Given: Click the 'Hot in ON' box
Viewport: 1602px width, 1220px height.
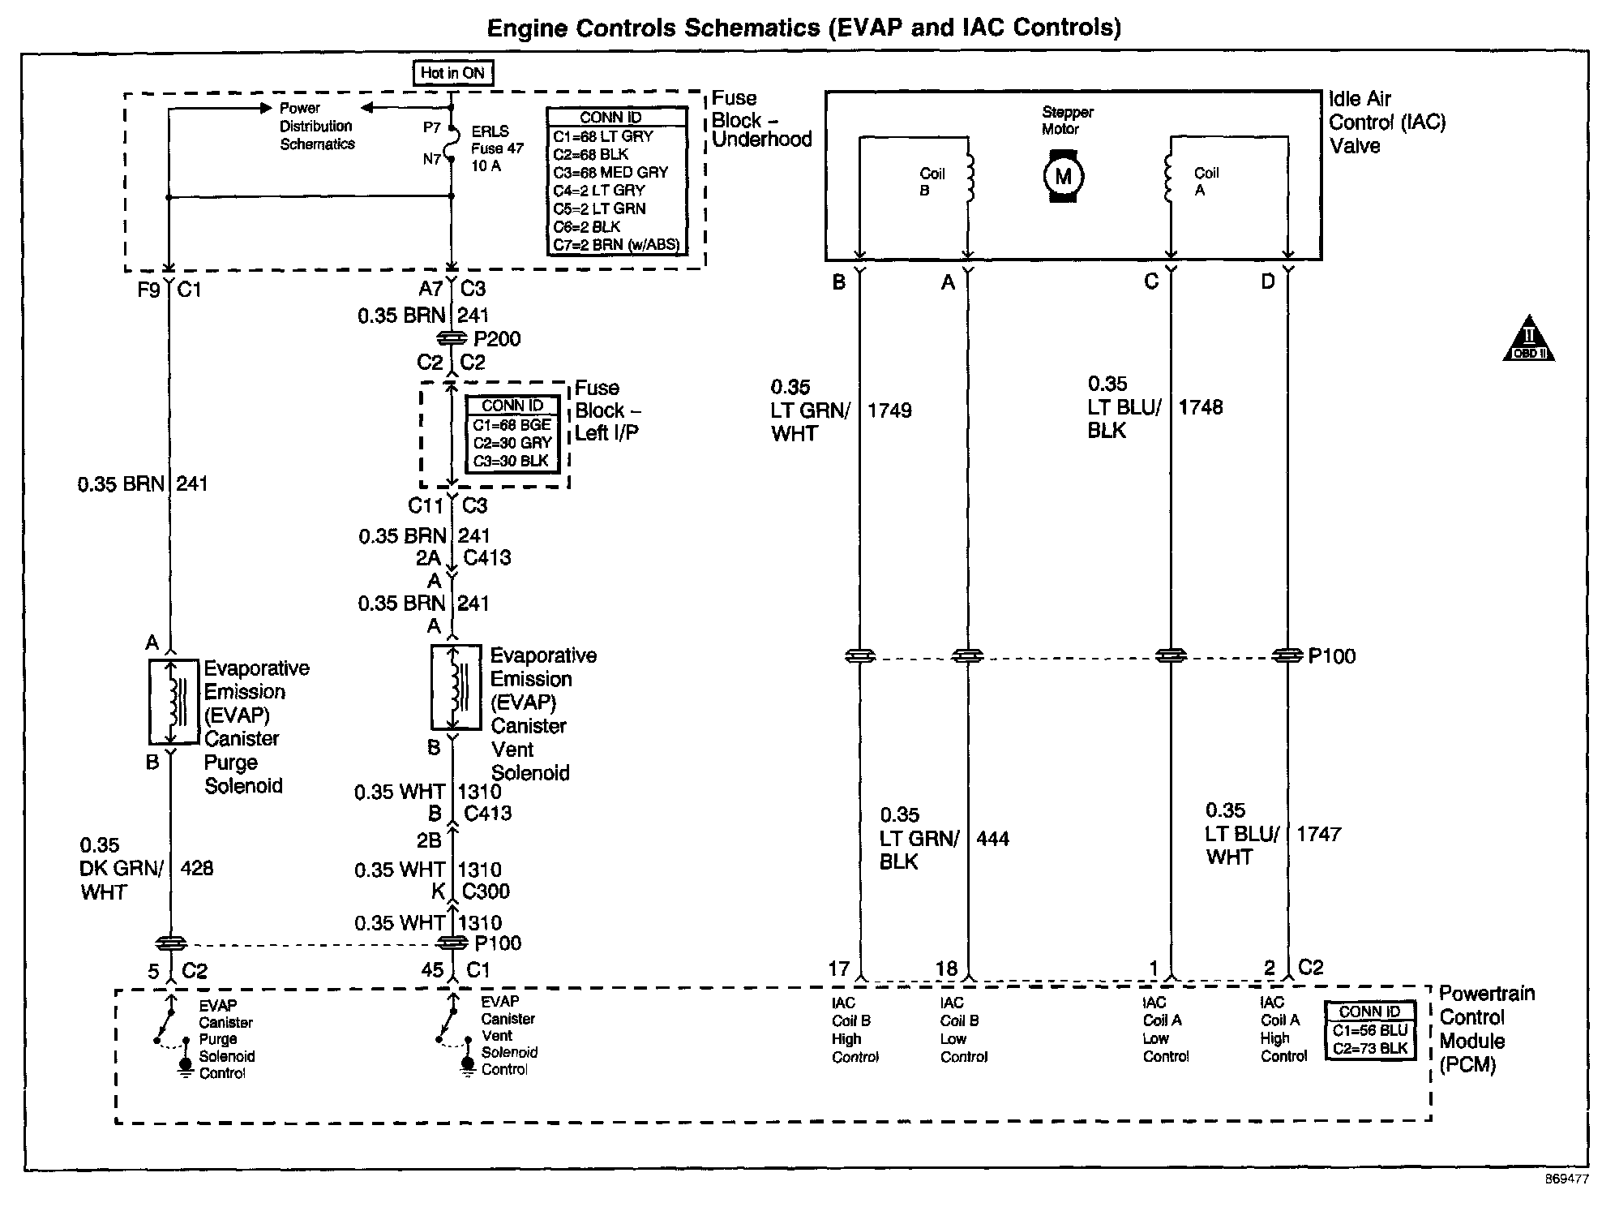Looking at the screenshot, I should (x=452, y=73).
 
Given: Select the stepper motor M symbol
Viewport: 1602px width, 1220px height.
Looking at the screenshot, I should (x=1063, y=177).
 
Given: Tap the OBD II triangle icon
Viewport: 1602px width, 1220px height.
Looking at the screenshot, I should (x=1528, y=339).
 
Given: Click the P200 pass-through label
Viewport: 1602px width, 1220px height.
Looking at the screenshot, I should (x=497, y=339).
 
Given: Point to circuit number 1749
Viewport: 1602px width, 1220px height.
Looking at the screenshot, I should (x=889, y=410).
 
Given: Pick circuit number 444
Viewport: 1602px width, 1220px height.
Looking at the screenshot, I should (x=992, y=839).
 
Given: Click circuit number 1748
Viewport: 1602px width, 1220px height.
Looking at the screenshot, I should (x=1200, y=407).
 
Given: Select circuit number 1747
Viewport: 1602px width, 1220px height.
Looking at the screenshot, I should (x=1318, y=834).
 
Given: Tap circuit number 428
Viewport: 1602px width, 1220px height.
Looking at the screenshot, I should (x=197, y=868).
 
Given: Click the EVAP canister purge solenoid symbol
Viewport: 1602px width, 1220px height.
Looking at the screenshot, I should (x=173, y=702).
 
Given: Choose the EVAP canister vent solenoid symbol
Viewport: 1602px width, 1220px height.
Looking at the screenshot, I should (x=456, y=688).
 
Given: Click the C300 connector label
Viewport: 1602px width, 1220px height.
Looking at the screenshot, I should (x=486, y=891).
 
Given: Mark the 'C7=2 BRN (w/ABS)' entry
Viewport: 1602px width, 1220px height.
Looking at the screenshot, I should (x=616, y=245).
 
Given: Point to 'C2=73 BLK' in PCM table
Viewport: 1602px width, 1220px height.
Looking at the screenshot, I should (x=1370, y=1048).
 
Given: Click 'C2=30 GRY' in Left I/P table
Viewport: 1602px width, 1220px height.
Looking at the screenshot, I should (x=512, y=443).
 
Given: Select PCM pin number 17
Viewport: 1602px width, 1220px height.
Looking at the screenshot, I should (x=838, y=969).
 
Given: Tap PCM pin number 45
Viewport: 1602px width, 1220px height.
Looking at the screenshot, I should (x=432, y=970).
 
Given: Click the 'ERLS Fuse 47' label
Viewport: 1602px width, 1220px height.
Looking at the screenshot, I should (x=497, y=148).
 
